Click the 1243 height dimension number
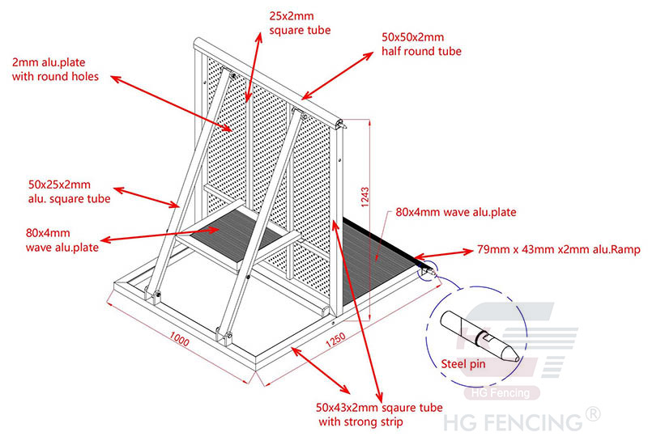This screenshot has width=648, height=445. click(x=364, y=197)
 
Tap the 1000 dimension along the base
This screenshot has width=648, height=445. click(x=179, y=339)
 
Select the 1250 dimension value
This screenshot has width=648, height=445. click(x=335, y=339)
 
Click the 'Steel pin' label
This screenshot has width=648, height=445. click(x=463, y=364)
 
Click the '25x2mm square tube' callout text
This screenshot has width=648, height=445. click(x=300, y=23)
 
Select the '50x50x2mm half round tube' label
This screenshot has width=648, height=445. click(x=421, y=44)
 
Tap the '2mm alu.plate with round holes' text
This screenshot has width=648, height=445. click(x=55, y=70)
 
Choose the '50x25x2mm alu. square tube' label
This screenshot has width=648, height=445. click(x=69, y=192)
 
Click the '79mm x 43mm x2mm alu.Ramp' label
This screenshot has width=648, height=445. click(x=559, y=249)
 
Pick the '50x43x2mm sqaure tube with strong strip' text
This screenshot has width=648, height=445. click(x=379, y=414)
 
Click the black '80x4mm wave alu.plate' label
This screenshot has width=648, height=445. click(x=456, y=212)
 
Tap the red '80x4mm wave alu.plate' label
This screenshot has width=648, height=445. click(x=62, y=239)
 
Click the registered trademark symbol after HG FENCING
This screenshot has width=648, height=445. click(x=593, y=413)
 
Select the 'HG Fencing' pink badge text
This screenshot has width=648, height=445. click(x=501, y=392)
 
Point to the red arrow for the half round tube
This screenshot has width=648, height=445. click(x=337, y=76)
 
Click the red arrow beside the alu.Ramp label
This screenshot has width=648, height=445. click(x=443, y=254)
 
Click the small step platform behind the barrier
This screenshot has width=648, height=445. click(x=238, y=234)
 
